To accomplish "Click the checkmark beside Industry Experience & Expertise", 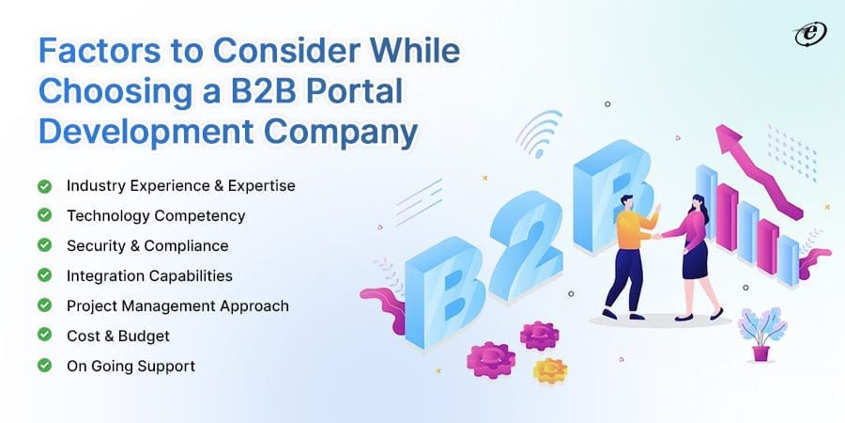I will [44, 185].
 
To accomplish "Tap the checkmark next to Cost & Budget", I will [44, 336].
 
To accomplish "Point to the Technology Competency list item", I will [156, 215].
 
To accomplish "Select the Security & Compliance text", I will [147, 245].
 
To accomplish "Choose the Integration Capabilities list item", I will [149, 275].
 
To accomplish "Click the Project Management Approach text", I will [177, 305].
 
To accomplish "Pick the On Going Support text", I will [131, 366].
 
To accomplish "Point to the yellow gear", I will [550, 369].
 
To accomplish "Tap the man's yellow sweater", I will [634, 229].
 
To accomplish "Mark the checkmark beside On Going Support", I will [44, 366].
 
